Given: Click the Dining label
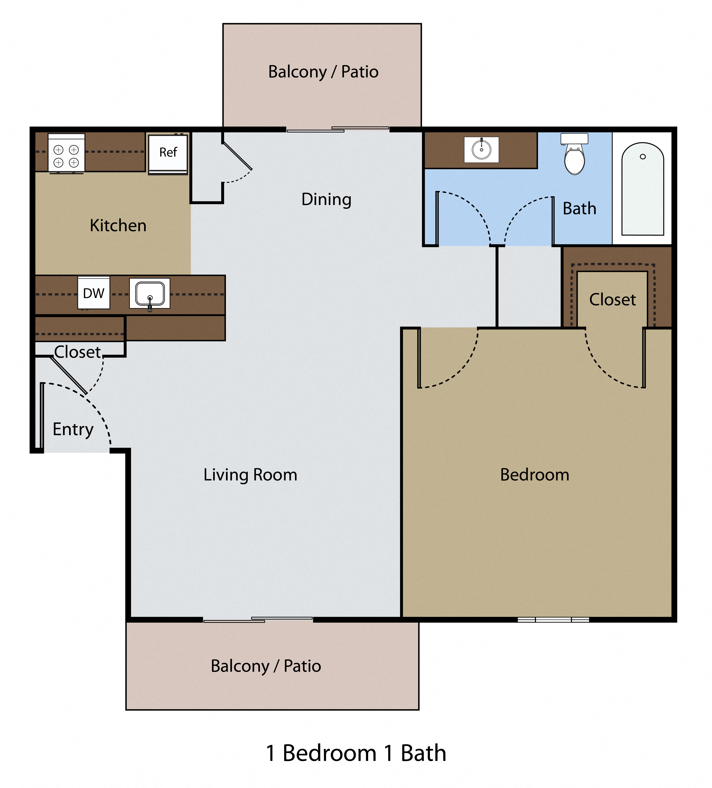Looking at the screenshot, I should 326,199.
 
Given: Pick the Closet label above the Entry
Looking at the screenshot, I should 77,352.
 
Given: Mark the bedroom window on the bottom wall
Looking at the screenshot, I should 553,619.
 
